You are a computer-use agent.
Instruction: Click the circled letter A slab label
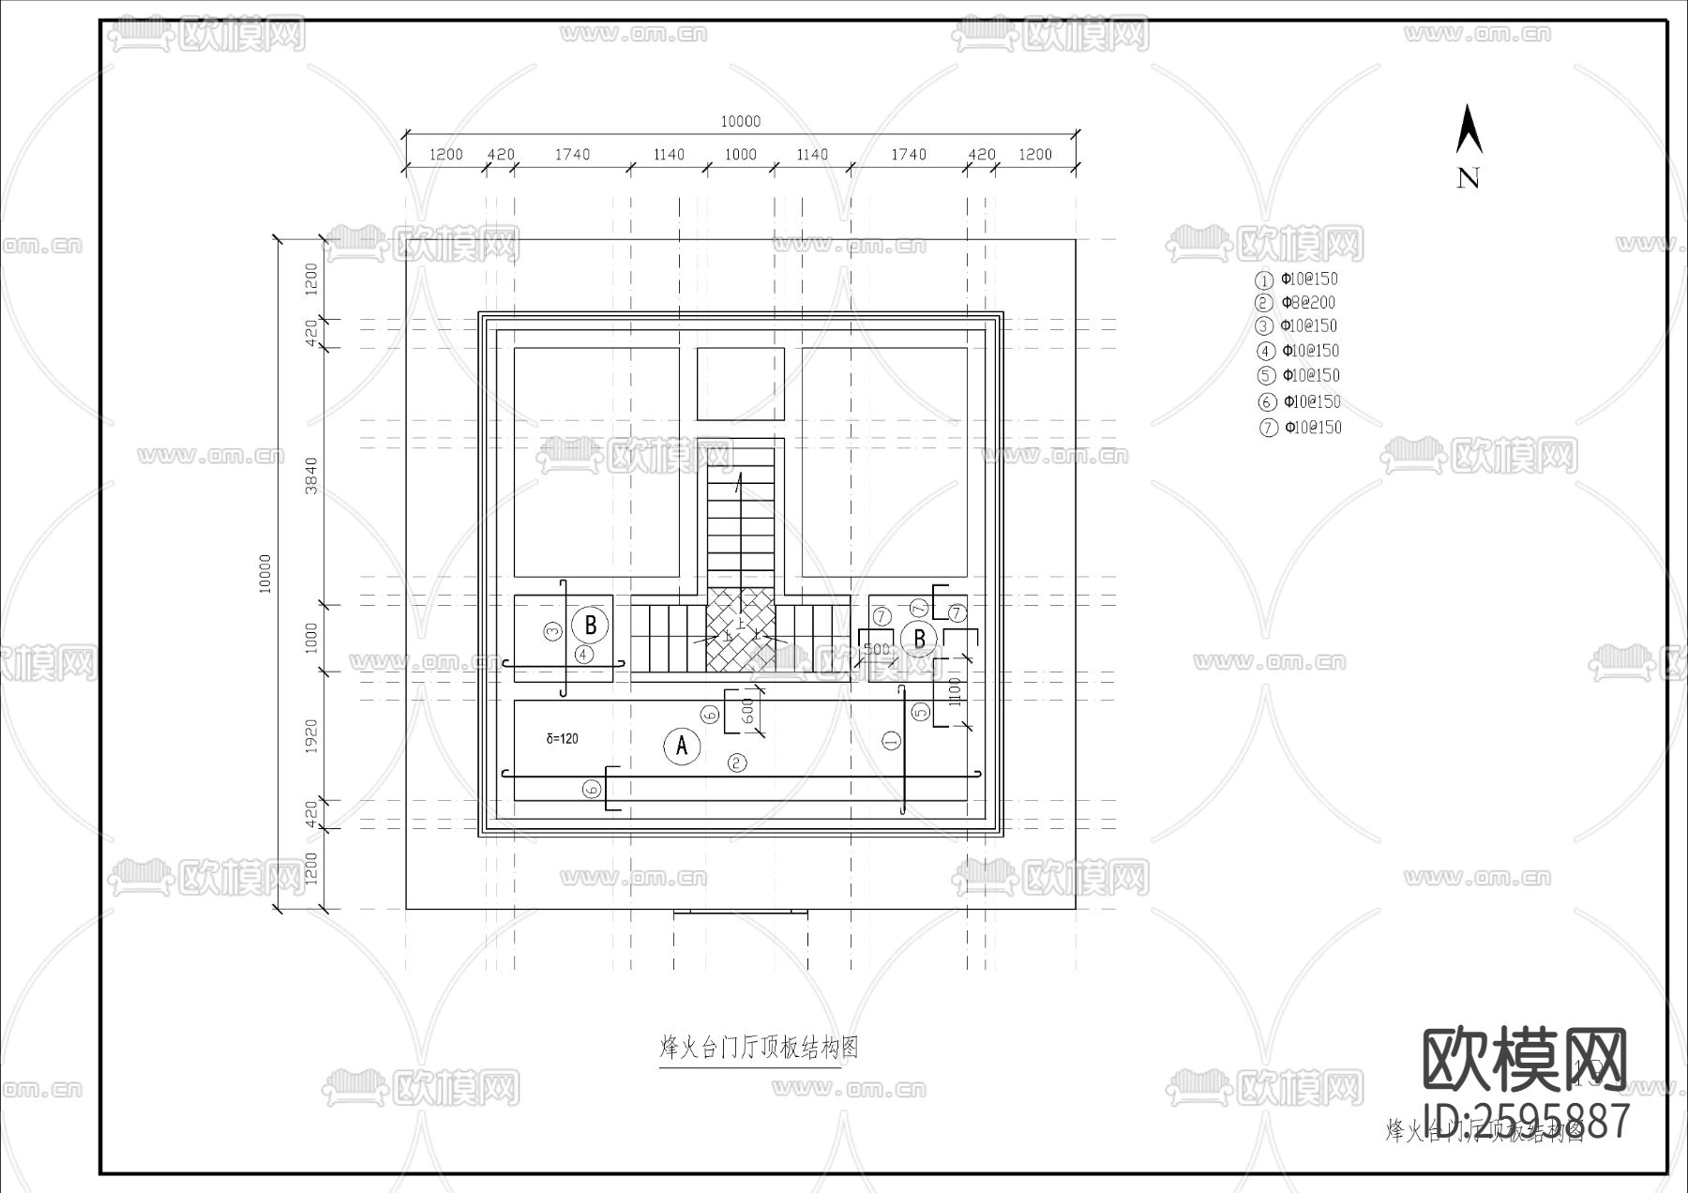coord(682,747)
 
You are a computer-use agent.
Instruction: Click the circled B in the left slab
coord(591,625)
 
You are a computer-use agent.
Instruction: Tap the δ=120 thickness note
coord(562,739)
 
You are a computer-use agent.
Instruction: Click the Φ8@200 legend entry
coord(1308,302)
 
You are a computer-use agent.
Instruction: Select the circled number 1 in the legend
coord(1265,280)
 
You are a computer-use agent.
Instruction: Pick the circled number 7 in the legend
coord(1269,428)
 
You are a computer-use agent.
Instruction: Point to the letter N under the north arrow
coord(1468,178)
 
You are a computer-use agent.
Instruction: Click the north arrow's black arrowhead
coord(1469,130)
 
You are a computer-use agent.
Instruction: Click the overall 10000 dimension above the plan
coord(740,122)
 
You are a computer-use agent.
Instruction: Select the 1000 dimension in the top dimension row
coord(740,155)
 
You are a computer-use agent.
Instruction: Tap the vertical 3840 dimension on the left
coord(312,476)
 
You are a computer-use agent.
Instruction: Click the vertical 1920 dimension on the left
coord(312,736)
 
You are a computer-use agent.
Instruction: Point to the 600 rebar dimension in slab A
coord(748,711)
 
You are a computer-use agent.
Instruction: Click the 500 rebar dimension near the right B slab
coord(876,649)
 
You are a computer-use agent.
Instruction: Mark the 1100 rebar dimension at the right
coord(956,691)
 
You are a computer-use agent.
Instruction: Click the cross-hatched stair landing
coord(740,630)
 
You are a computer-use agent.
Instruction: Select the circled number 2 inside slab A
coord(738,763)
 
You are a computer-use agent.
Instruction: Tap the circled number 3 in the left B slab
coord(553,631)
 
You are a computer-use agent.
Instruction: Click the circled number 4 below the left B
coord(585,654)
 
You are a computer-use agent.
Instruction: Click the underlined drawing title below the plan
coord(759,1048)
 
